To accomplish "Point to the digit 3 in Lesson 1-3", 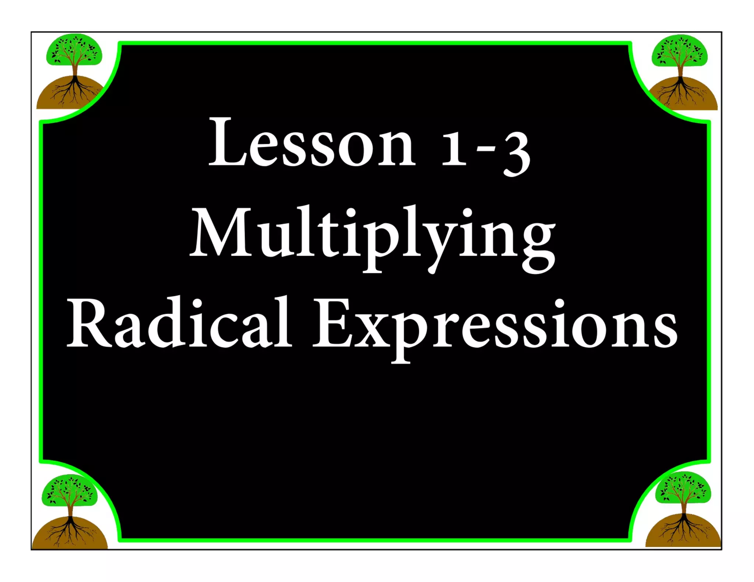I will point(517,152).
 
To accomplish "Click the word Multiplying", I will point(373,235).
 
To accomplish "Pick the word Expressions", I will point(495,326).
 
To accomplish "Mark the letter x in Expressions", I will point(372,330).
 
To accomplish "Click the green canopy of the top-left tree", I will point(74,50).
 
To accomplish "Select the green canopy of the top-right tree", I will point(680,52).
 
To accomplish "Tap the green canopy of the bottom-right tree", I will point(683,487).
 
